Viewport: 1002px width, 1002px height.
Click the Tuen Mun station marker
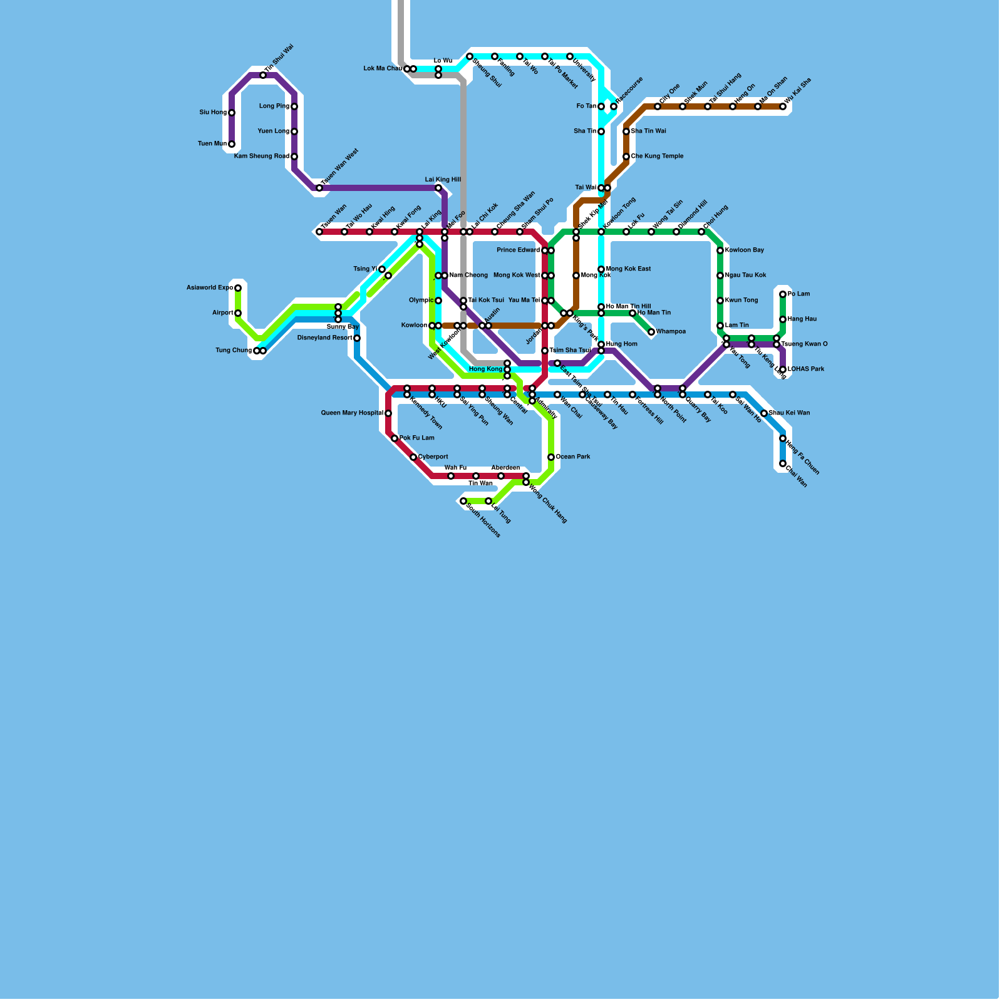(x=232, y=144)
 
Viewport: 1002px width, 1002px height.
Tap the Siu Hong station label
(x=213, y=113)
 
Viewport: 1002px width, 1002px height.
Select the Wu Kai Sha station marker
(x=783, y=106)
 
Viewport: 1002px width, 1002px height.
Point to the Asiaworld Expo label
(x=210, y=288)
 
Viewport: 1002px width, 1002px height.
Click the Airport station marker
(x=238, y=313)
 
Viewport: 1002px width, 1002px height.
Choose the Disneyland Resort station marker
(x=357, y=338)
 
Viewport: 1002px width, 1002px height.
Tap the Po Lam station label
(x=798, y=294)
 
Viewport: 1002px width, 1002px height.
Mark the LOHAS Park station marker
(x=783, y=369)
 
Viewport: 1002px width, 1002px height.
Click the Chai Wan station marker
(x=783, y=463)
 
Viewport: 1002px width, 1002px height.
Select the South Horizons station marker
(x=463, y=501)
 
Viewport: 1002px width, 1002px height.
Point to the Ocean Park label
(x=573, y=457)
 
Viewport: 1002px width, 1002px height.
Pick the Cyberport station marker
(x=413, y=457)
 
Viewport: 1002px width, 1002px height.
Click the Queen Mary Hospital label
(x=352, y=413)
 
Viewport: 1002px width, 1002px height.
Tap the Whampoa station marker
(x=651, y=332)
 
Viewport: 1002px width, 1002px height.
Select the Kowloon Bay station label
(x=745, y=250)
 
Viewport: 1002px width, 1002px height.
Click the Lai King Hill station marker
(x=438, y=188)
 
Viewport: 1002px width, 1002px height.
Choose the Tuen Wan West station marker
(x=319, y=188)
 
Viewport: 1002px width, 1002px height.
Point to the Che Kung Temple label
(x=657, y=157)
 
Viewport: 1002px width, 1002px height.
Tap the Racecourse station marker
(x=614, y=106)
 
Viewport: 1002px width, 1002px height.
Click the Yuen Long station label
(x=274, y=132)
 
